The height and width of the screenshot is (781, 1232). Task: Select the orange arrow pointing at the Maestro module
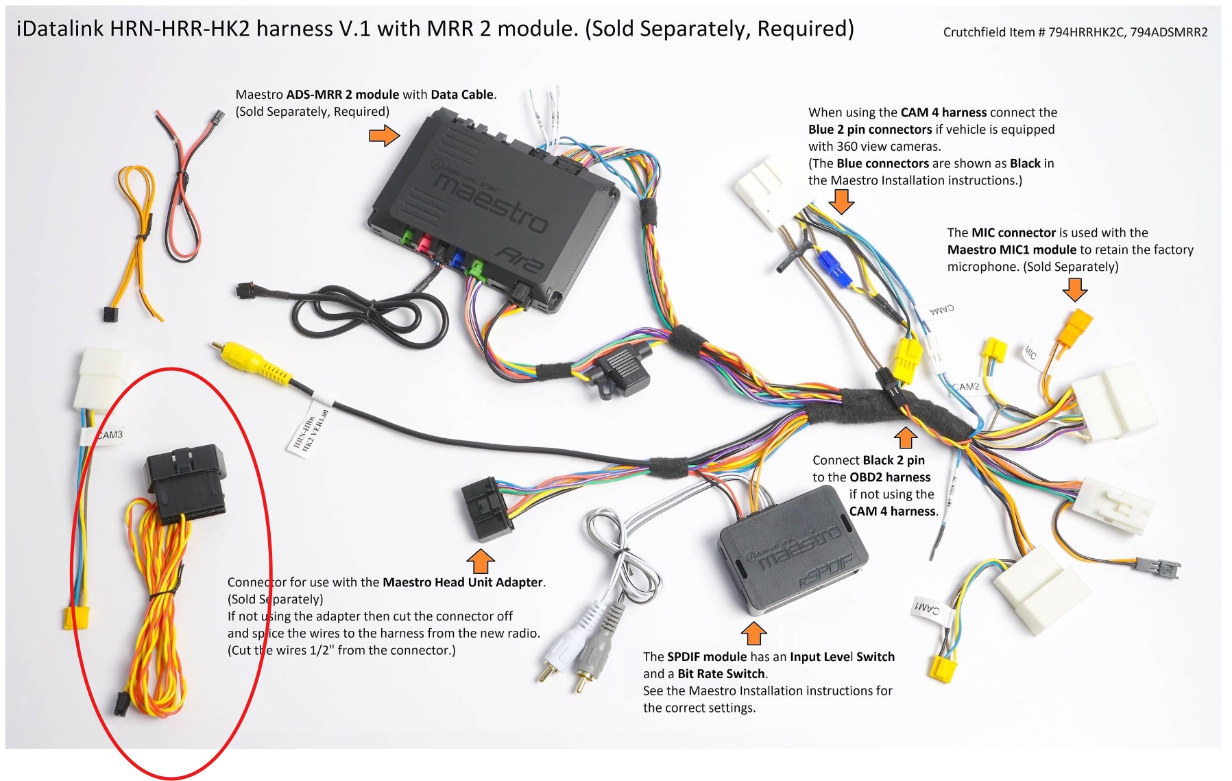pos(384,135)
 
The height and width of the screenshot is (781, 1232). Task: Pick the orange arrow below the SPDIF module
pos(753,632)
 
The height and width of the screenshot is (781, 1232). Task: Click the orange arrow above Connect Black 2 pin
pos(905,437)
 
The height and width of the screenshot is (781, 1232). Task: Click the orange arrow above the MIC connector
pos(1074,289)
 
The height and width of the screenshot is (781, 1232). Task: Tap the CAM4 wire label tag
pos(942,310)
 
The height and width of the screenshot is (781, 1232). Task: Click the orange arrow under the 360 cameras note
pos(841,202)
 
